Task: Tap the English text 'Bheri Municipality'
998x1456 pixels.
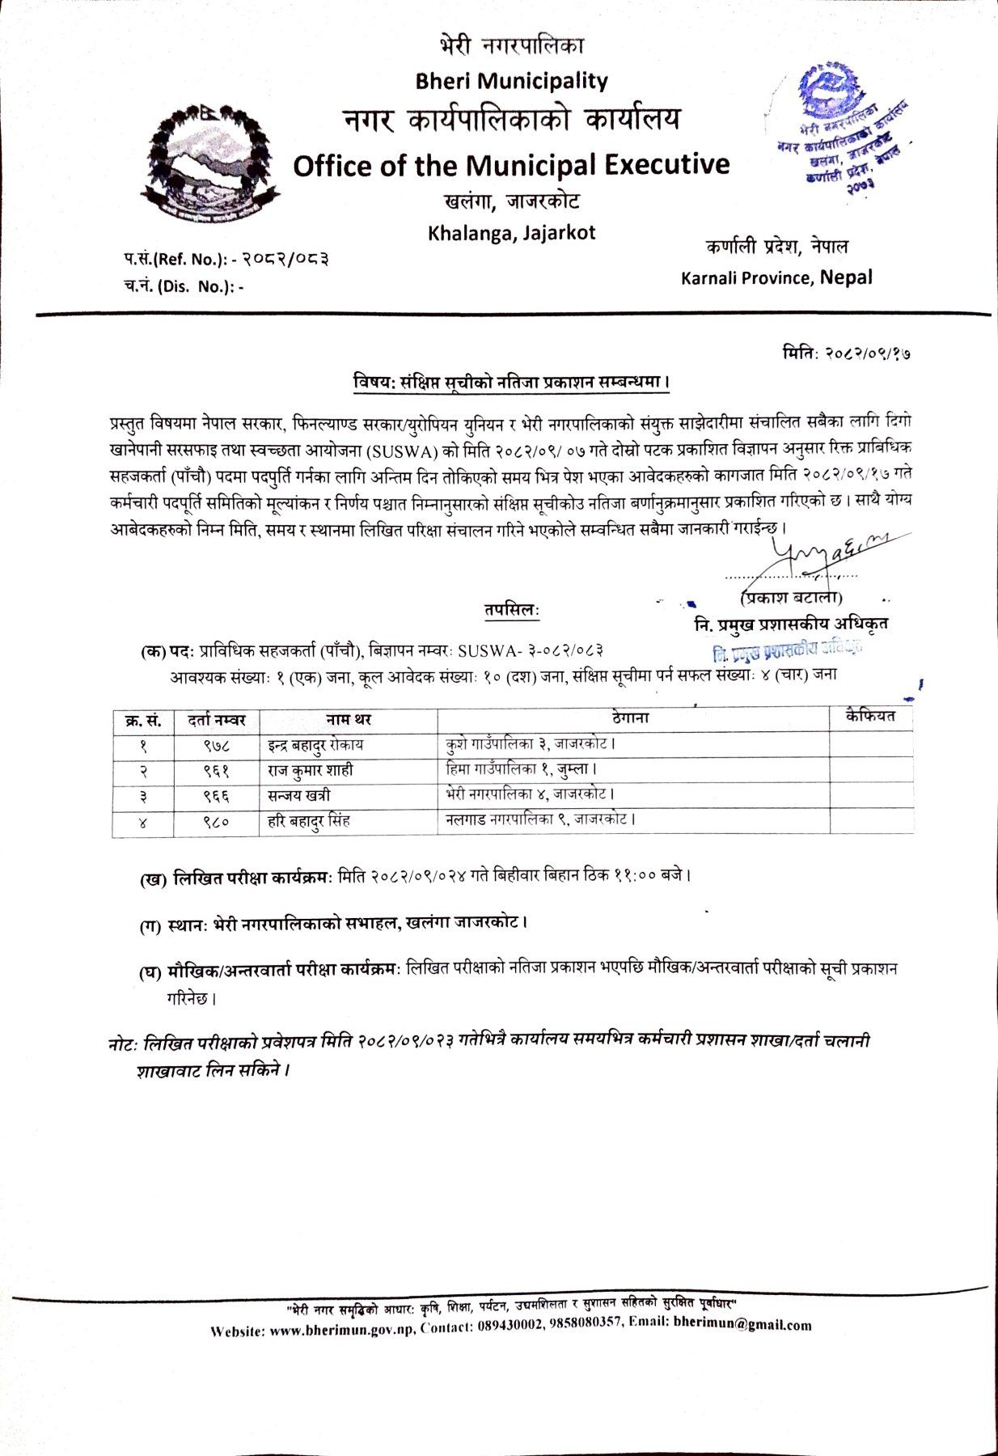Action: pos(510,81)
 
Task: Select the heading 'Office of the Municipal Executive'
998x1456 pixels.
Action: pos(511,166)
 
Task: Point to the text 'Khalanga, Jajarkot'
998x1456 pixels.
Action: pos(511,233)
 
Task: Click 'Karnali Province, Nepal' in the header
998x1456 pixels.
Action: pos(776,278)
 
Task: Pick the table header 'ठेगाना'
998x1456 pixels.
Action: pos(631,717)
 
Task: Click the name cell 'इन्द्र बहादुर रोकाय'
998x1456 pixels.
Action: pos(315,744)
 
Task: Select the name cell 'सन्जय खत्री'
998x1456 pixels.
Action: pos(298,796)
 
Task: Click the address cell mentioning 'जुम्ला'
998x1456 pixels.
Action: pos(522,769)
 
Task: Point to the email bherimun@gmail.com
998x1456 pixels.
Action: pos(742,1325)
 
